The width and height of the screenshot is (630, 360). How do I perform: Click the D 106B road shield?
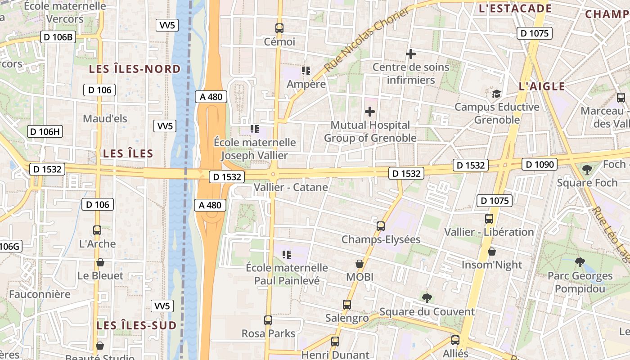(58, 37)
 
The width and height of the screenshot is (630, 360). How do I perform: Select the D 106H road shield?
(45, 132)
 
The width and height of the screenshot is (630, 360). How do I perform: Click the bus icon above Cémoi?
(279, 28)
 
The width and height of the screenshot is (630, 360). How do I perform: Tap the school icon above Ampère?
(306, 70)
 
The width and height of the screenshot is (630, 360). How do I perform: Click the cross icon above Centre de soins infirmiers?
(410, 54)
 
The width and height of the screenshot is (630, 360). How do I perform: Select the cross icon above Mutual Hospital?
(370, 111)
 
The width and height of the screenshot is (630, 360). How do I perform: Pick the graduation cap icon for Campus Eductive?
(496, 94)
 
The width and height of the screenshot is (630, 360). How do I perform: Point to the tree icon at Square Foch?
(587, 169)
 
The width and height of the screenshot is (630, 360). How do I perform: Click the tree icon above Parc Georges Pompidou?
(580, 262)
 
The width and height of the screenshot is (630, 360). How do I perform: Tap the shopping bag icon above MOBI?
(360, 263)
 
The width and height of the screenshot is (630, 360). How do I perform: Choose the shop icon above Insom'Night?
(492, 251)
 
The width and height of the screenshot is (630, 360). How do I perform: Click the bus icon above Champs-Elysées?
(381, 226)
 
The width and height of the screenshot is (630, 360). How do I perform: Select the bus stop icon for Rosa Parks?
(268, 320)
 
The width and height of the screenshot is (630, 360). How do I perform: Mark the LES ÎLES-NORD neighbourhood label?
(135, 69)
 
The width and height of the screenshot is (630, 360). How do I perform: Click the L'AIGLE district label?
(541, 86)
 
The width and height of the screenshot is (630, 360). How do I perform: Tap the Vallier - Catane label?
(291, 187)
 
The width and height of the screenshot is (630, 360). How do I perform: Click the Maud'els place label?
(105, 119)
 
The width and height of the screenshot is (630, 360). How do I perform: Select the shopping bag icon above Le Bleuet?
(100, 262)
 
